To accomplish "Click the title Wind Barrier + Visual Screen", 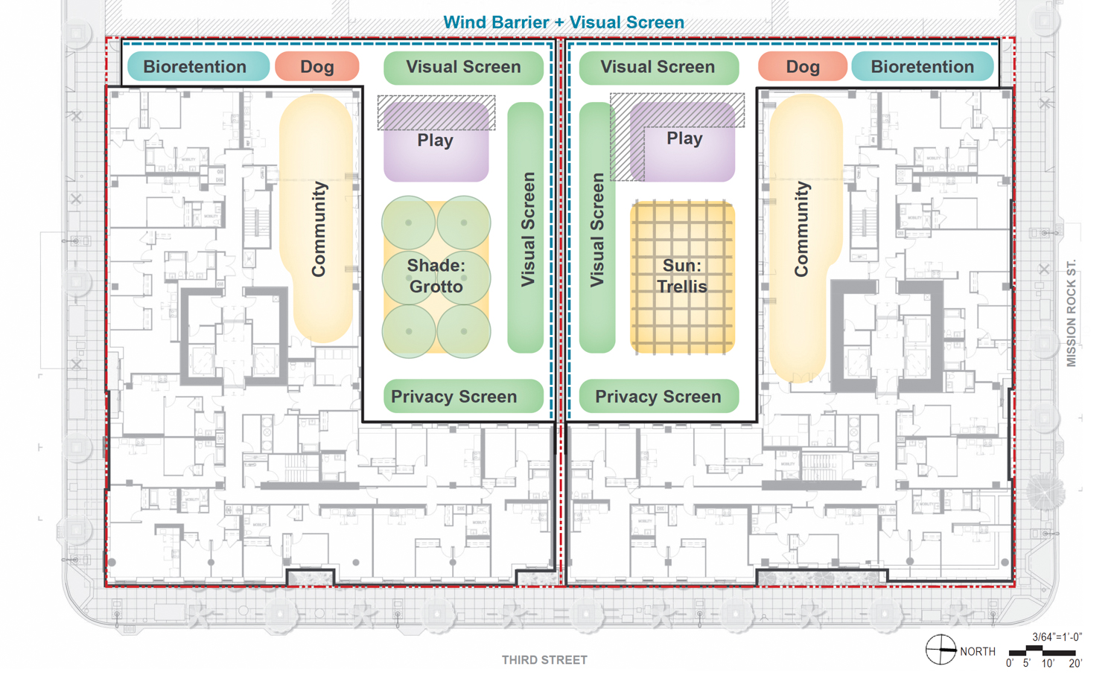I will (x=563, y=22).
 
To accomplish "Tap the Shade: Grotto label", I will (x=436, y=276).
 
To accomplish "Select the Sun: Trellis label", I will (x=681, y=276).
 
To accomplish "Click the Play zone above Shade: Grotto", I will (x=436, y=141).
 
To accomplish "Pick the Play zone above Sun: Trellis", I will (x=684, y=139).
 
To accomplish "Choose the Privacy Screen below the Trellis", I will (x=658, y=397).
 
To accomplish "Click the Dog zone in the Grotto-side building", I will (x=317, y=67).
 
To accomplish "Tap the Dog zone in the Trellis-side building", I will (x=803, y=67).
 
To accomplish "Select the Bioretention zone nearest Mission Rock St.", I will (x=922, y=67).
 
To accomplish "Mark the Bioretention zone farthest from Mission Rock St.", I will (x=195, y=67).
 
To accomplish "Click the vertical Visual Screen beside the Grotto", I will (x=526, y=228).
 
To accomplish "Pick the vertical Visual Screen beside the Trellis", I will (x=597, y=228).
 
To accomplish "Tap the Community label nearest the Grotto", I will (x=319, y=228).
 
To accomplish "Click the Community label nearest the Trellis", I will (x=801, y=228).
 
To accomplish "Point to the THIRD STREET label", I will (x=544, y=660).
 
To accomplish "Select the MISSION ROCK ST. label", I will (x=1072, y=313).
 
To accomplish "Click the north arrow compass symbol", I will (x=941, y=650).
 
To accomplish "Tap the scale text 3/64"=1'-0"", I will (x=1056, y=637).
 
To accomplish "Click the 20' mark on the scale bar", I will (x=1075, y=662).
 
